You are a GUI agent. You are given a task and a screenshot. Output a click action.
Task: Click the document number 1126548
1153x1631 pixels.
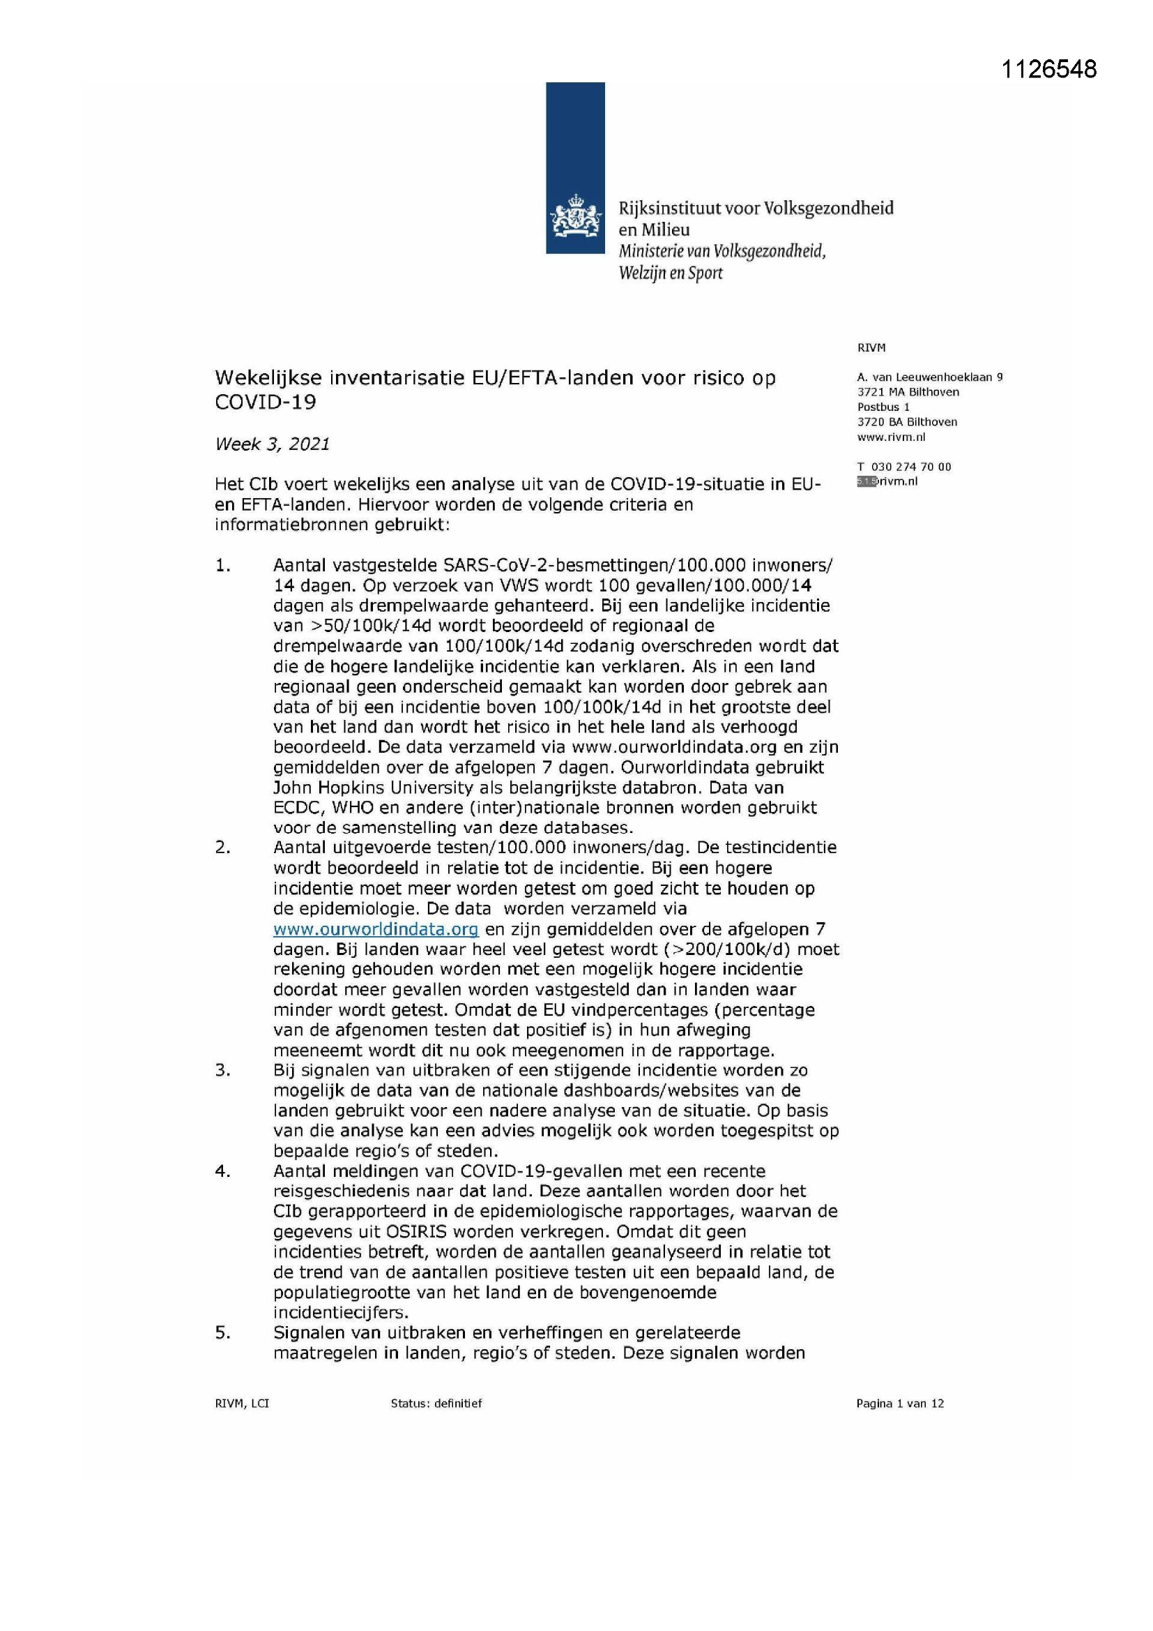point(1048,69)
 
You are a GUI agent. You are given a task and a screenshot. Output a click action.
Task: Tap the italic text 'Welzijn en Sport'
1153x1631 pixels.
point(670,273)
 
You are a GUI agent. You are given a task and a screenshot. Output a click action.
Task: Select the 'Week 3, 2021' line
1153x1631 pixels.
point(272,444)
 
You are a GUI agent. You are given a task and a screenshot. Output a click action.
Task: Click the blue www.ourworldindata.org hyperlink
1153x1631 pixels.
point(376,929)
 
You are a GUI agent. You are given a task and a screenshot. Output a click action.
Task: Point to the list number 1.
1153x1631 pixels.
point(223,566)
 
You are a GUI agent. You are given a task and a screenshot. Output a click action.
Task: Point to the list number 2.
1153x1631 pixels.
point(223,848)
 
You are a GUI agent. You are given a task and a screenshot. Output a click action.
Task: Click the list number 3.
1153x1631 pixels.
point(223,1070)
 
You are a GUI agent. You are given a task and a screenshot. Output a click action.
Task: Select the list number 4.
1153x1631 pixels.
point(223,1171)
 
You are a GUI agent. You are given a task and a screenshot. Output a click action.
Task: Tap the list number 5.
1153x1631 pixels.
point(223,1332)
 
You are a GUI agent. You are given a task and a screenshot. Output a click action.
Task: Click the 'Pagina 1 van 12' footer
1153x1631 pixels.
point(899,1403)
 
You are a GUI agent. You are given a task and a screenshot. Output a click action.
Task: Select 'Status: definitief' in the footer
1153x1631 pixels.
point(436,1403)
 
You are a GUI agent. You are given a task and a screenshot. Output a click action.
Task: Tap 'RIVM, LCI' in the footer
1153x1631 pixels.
point(241,1403)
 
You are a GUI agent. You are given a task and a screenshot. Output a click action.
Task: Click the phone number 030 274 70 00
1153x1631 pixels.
point(911,467)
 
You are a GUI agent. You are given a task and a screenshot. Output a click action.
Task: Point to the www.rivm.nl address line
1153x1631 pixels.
point(891,437)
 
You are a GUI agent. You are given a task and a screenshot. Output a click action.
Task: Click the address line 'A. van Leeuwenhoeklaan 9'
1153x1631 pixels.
point(929,377)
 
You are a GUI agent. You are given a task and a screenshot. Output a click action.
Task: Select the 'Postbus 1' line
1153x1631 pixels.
point(883,407)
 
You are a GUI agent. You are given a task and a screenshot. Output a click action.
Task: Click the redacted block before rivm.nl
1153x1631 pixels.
point(866,481)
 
